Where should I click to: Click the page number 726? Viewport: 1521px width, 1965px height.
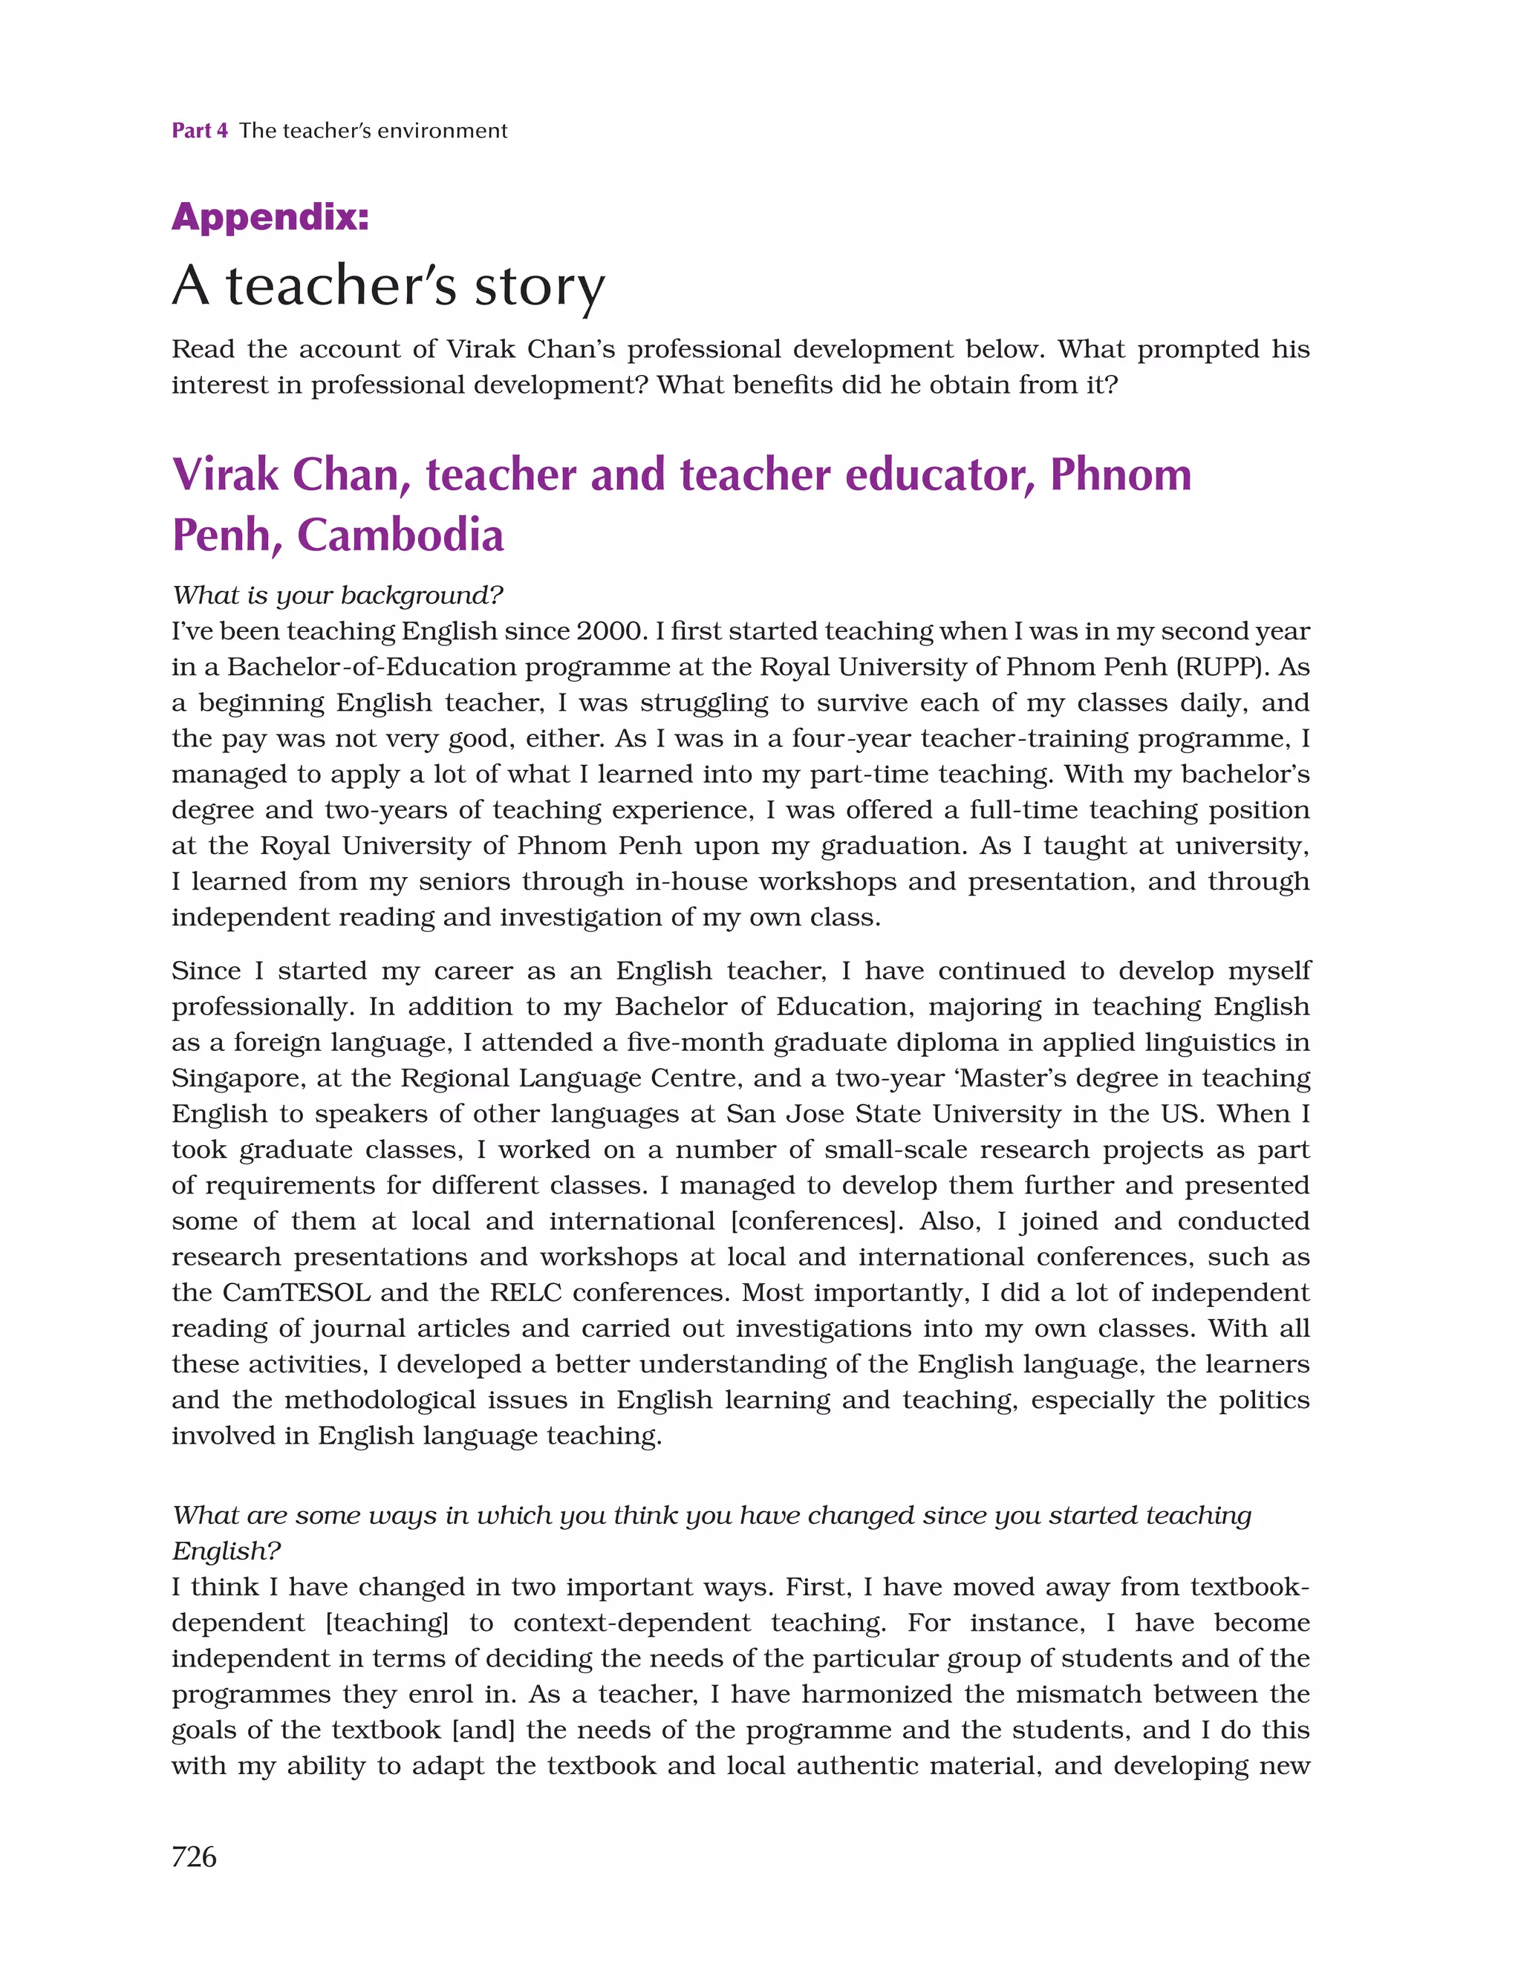[194, 1856]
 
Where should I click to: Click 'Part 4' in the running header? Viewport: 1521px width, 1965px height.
[200, 131]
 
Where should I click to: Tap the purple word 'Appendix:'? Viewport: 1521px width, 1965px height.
[270, 217]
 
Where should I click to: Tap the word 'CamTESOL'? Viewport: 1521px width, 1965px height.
[296, 1293]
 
